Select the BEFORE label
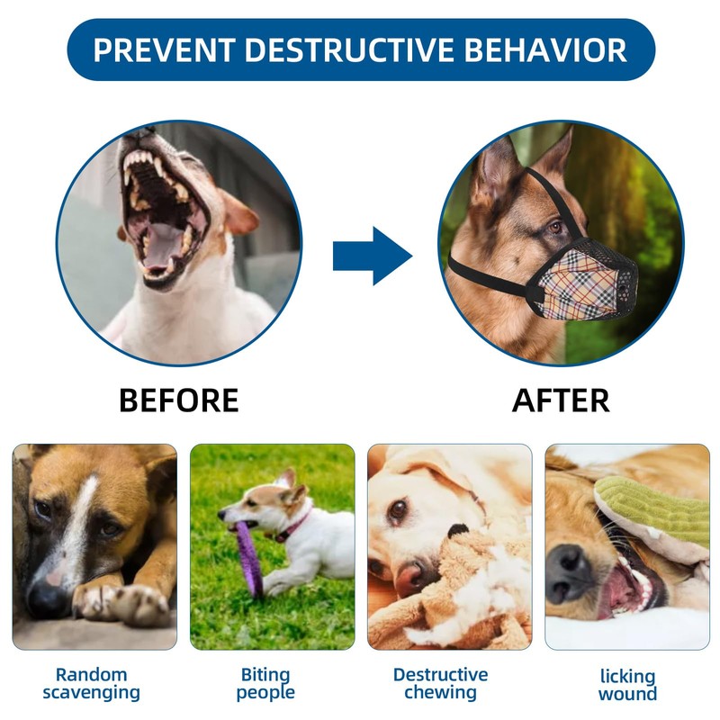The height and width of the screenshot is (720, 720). point(179,400)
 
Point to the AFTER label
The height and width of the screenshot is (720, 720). point(561,400)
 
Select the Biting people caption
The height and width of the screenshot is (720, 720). point(265,683)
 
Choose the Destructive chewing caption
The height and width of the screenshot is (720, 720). point(440,683)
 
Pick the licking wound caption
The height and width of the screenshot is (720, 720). point(627,685)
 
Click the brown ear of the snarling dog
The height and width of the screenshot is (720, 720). point(238,216)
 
